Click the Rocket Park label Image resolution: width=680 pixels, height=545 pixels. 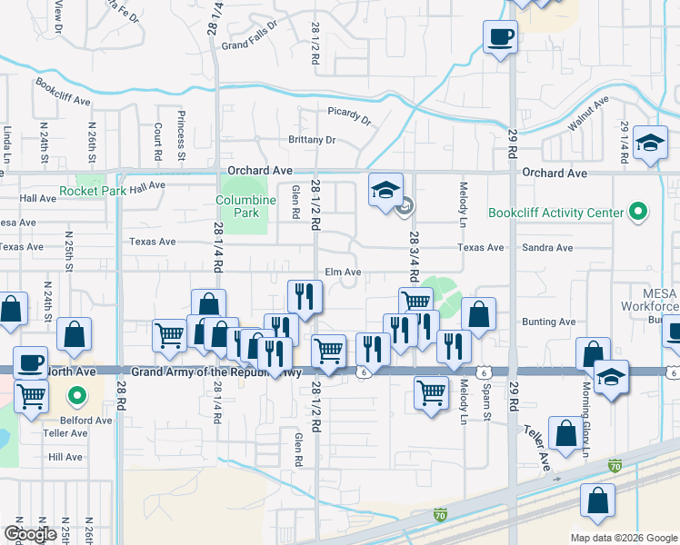click(x=92, y=192)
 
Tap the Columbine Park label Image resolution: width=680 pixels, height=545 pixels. click(x=238, y=206)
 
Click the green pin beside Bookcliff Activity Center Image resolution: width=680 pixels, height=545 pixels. click(x=639, y=213)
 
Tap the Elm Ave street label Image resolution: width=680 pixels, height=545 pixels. click(x=344, y=272)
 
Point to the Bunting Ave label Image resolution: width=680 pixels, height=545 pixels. click(x=549, y=322)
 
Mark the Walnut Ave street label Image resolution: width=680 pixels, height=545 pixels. click(x=587, y=115)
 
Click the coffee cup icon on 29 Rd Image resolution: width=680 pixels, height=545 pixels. click(x=501, y=38)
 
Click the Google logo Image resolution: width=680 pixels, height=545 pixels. click(x=30, y=534)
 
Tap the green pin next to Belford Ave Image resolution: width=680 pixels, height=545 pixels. click(x=77, y=396)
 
